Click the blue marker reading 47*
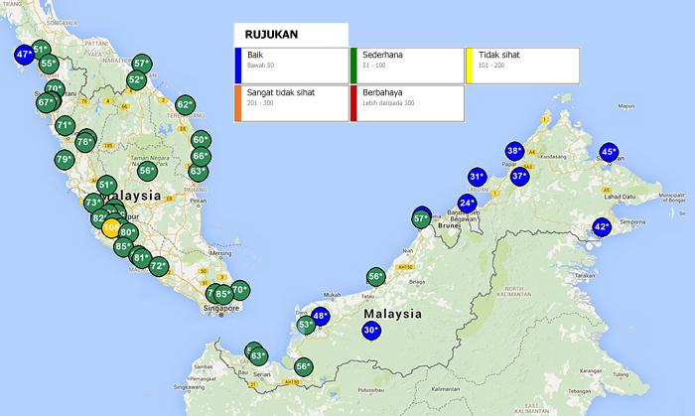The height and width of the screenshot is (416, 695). [24, 55]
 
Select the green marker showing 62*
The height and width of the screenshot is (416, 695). [185, 105]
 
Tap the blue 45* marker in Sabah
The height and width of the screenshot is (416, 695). [610, 153]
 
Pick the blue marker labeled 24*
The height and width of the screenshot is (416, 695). [468, 204]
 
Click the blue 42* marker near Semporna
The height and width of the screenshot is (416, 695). [601, 227]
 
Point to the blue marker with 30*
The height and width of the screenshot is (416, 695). [371, 330]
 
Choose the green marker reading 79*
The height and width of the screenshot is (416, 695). [64, 160]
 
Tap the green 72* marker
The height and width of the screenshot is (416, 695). [158, 267]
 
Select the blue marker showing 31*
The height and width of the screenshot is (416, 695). [478, 178]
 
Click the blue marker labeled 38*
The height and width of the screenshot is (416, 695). [513, 151]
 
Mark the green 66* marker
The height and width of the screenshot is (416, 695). [201, 157]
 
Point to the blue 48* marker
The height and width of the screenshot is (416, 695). [320, 317]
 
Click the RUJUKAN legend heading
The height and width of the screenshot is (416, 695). [271, 34]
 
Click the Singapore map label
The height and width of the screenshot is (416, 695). [219, 308]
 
